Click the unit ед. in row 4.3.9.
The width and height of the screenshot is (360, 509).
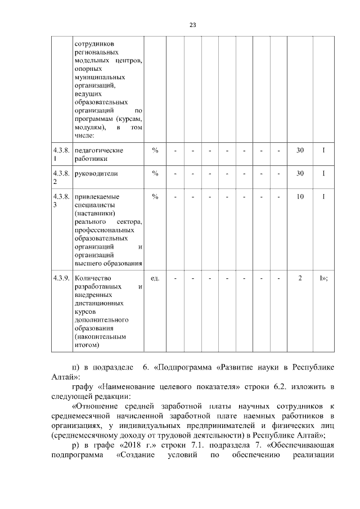[x=155, y=278]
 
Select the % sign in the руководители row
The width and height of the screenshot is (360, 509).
[x=155, y=174]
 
